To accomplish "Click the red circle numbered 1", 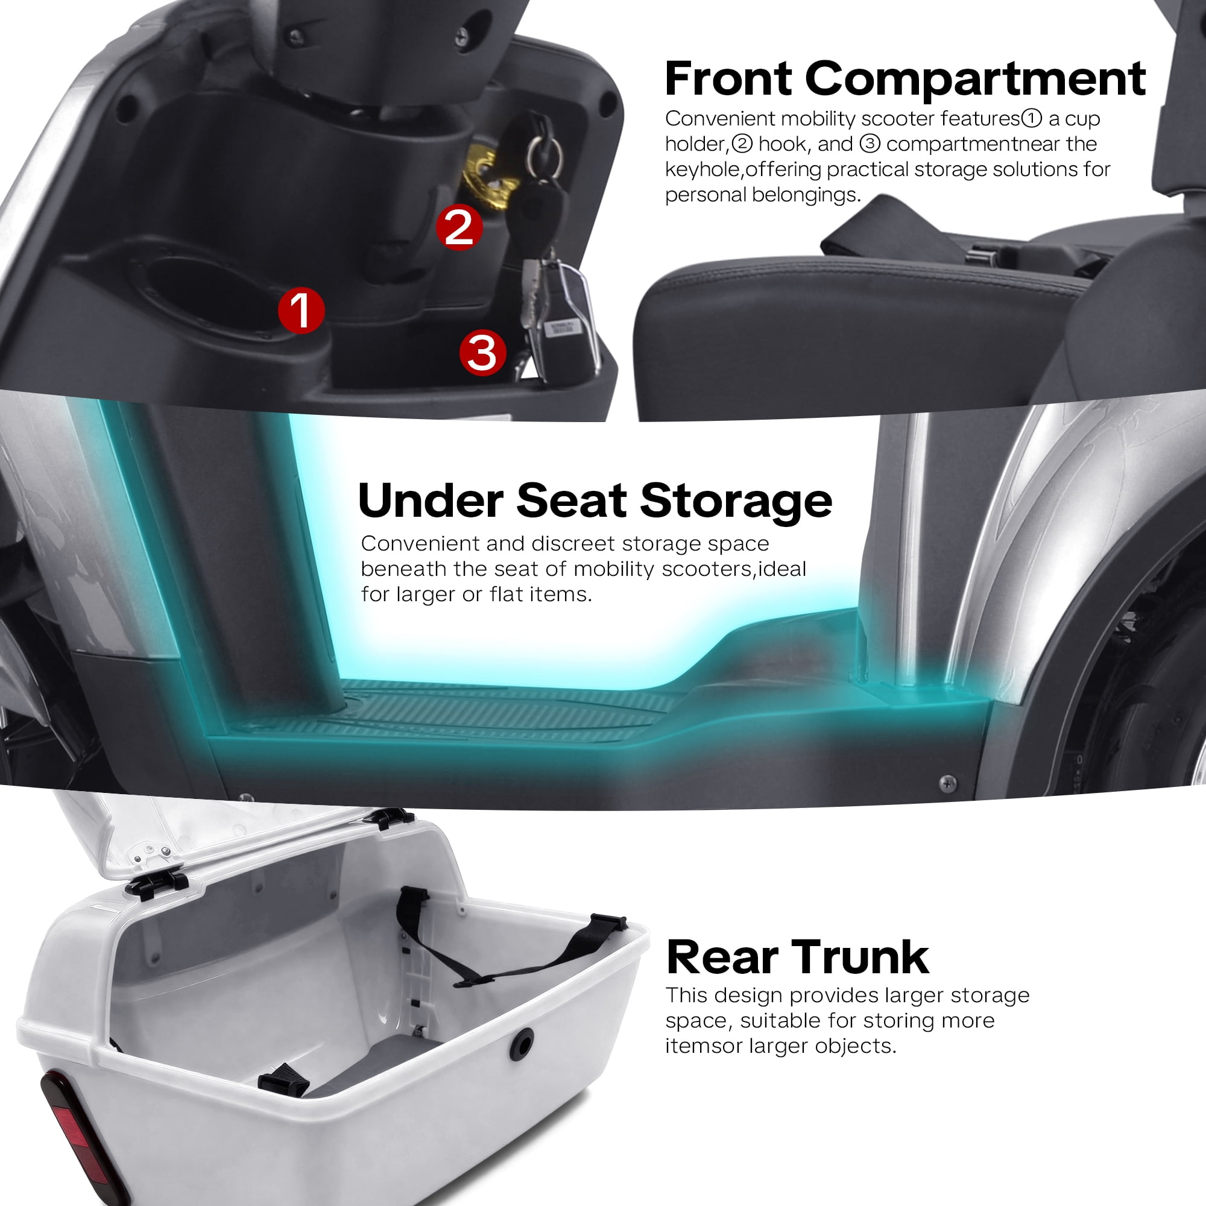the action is (301, 310).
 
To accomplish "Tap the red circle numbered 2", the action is (459, 227).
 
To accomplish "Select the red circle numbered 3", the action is (482, 353).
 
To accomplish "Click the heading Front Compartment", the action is (904, 79).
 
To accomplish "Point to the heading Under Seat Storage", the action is (595, 500).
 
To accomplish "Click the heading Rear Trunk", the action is (797, 958).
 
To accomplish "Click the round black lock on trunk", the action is (521, 1043).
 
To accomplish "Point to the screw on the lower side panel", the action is (948, 782).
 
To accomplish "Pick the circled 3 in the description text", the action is (870, 144).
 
